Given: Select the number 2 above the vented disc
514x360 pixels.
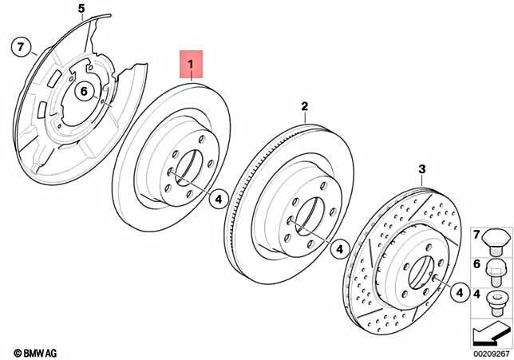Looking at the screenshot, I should pos(304,105).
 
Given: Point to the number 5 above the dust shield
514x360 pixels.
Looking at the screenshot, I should pos(80,9).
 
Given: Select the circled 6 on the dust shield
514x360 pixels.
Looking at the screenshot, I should pos(83,93).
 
